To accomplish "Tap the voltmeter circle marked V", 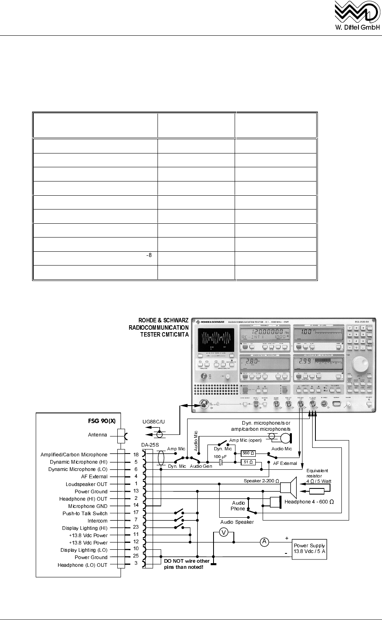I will pyautogui.click(x=223, y=532).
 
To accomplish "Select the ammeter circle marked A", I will pyautogui.click(x=264, y=542).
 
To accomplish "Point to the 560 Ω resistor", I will pyautogui.click(x=248, y=453).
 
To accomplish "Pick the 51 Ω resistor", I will pyautogui.click(x=248, y=462).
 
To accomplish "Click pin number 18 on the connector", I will pyautogui.click(x=136, y=455).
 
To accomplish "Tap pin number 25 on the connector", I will pyautogui.click(x=136, y=557).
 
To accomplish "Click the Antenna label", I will pyautogui.click(x=97, y=435).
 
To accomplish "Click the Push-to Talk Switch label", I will pyautogui.click(x=85, y=513).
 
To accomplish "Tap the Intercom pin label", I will pyautogui.click(x=97, y=521).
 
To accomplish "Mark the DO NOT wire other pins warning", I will pyautogui.click(x=187, y=564).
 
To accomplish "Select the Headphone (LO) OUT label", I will pyautogui.click(x=82, y=565).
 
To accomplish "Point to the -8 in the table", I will pyautogui.click(x=149, y=255).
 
